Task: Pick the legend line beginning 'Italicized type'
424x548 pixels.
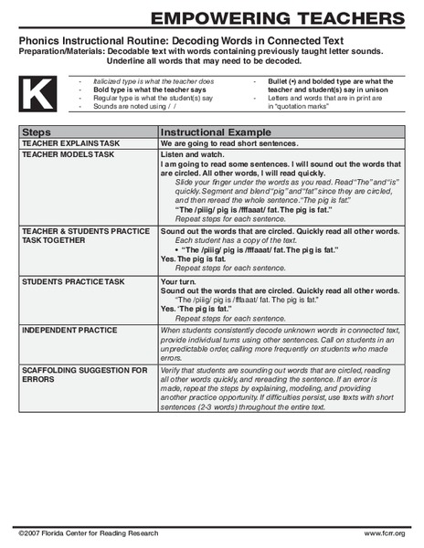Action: (x=155, y=80)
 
